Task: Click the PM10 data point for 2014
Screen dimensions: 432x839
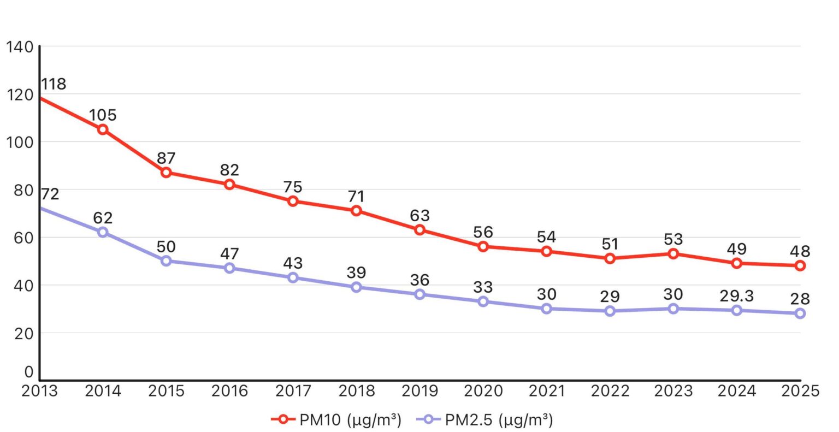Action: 103,129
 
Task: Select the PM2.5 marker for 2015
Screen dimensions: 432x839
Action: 166,261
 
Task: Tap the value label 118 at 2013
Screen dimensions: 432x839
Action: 53,84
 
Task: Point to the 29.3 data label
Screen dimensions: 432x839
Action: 736,296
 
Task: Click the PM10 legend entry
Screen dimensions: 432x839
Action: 336,419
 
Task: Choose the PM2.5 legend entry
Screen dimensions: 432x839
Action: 485,419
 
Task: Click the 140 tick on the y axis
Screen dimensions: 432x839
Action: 20,47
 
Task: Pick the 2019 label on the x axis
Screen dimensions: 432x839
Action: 419,391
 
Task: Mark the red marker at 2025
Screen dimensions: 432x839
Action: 800,266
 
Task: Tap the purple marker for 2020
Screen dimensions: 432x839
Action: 483,301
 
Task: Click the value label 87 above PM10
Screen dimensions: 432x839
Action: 166,158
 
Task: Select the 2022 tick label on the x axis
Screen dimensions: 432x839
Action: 610,391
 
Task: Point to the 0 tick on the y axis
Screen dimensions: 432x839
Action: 28,372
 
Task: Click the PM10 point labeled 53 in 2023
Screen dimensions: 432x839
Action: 673,254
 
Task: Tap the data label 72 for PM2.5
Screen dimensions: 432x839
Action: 49,194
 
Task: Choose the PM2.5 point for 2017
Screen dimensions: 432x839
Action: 293,277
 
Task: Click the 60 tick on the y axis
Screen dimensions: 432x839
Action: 20,238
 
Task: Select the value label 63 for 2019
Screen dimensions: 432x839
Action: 419,215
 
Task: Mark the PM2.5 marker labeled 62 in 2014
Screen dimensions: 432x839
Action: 103,232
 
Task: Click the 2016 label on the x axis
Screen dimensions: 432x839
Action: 229,391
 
